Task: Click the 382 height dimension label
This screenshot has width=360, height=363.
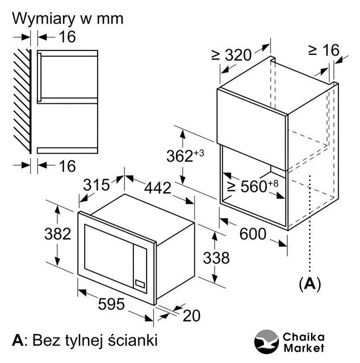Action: click(x=58, y=233)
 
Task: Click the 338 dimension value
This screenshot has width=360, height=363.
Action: click(x=216, y=258)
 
